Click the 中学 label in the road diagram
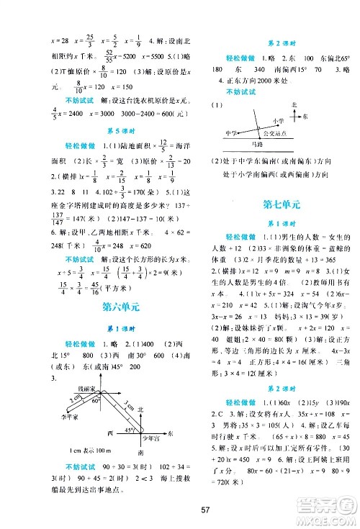point(231,133)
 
